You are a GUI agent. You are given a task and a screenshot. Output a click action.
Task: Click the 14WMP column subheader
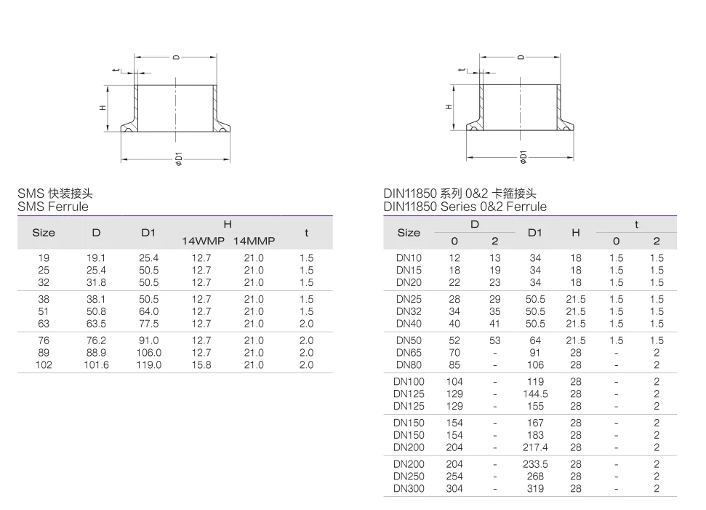[x=203, y=241]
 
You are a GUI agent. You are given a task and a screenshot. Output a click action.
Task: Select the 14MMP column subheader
[x=254, y=241]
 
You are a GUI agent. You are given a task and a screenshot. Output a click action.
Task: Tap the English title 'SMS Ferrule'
[x=53, y=207]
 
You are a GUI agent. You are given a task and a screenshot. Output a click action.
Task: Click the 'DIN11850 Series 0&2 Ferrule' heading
[x=465, y=207]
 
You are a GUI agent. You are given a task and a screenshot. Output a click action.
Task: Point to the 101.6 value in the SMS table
[x=96, y=365]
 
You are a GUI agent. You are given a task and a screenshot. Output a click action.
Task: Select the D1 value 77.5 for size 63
[x=148, y=324]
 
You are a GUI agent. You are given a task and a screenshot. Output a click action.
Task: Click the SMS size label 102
[x=44, y=365]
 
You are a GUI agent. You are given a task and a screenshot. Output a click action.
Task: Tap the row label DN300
[x=409, y=489]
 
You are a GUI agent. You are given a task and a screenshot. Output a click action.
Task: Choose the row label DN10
[x=409, y=258]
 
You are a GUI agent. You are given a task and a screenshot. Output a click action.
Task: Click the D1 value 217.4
[x=535, y=447]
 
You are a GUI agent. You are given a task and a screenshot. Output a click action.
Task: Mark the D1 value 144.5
[x=535, y=394]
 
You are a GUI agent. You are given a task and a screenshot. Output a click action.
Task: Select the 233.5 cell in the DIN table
[x=535, y=464]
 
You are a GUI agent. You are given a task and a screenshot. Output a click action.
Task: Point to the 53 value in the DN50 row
[x=494, y=340]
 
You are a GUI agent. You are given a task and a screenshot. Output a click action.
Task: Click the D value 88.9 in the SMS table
[x=96, y=353]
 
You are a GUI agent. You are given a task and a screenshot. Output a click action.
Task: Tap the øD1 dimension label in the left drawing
[x=177, y=159]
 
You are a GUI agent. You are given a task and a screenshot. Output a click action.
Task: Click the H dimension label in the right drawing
[x=449, y=107]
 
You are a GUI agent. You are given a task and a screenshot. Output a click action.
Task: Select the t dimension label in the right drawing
[x=461, y=70]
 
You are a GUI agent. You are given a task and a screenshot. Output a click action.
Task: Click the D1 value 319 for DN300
[x=535, y=489]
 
